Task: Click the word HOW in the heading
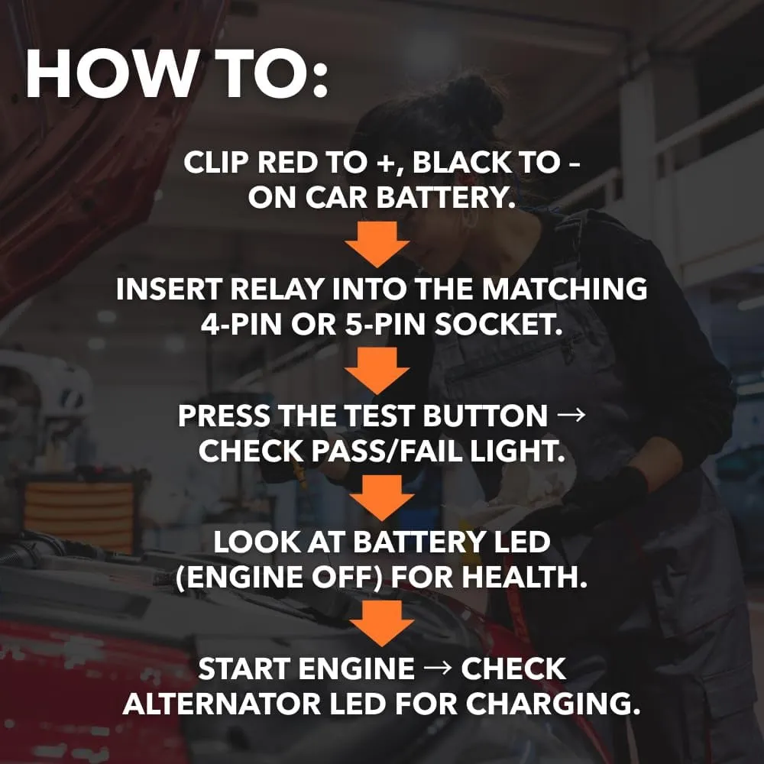tap(108, 73)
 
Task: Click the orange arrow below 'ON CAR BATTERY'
tap(377, 244)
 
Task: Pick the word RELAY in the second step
tap(277, 289)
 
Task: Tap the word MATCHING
tap(565, 289)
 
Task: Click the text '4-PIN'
tap(241, 324)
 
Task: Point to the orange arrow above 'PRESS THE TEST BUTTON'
tap(377, 371)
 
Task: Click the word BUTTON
tap(485, 416)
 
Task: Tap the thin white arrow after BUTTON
tap(571, 416)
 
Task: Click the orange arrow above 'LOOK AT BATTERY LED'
tap(382, 498)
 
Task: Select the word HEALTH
tap(524, 577)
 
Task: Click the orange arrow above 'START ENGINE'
tap(382, 623)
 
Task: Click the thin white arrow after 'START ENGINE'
tap(438, 669)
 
